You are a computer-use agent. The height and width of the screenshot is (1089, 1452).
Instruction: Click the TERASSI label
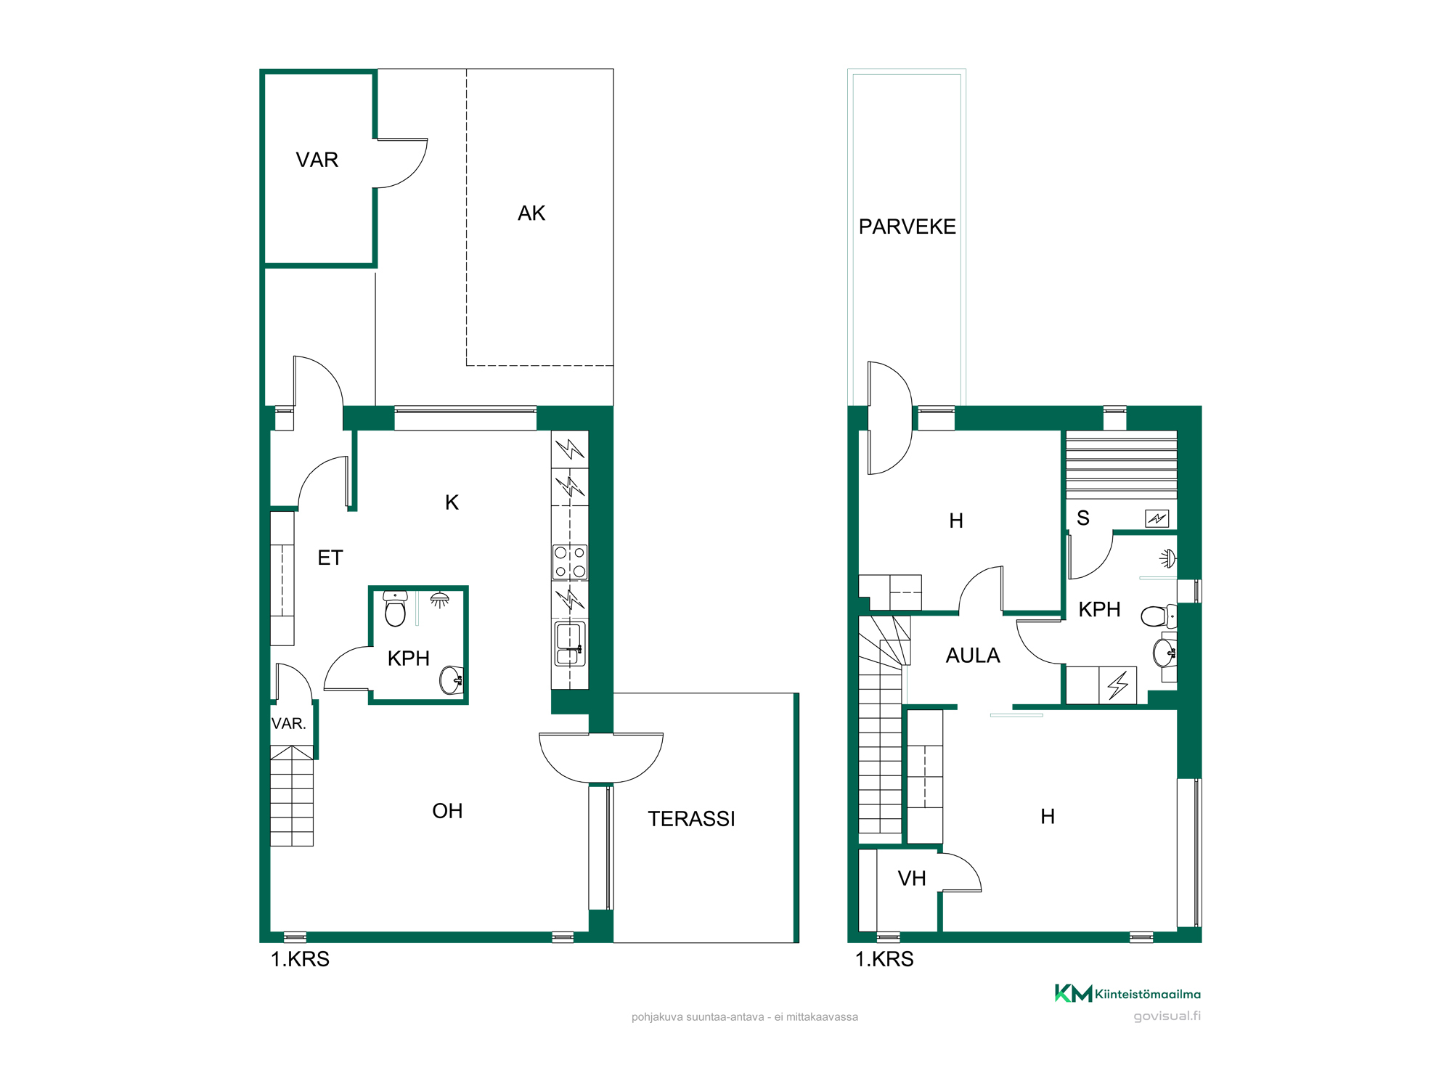tap(691, 819)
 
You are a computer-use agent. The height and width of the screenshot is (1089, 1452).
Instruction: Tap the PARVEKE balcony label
tap(907, 227)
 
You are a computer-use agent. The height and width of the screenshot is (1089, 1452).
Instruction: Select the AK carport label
tap(531, 213)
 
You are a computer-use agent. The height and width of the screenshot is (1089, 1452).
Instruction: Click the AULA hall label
tap(973, 656)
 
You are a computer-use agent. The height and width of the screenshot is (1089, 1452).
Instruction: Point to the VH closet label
tap(912, 878)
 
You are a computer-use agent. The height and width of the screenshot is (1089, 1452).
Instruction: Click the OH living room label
tap(447, 811)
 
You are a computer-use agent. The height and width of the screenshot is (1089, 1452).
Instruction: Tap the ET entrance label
tap(330, 558)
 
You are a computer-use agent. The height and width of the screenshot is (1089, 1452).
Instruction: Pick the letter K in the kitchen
tap(452, 502)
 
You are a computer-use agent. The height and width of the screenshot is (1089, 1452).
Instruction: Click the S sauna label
tap(1083, 518)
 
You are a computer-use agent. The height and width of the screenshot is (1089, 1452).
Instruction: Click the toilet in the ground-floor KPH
tap(395, 608)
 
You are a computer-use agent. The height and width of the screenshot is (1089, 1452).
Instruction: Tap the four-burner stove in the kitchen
tap(570, 562)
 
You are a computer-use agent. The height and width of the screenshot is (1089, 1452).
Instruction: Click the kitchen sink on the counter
tap(570, 644)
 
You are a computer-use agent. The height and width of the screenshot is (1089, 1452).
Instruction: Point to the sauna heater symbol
tap(1157, 518)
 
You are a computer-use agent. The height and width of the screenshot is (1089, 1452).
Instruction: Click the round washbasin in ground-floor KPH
tap(452, 680)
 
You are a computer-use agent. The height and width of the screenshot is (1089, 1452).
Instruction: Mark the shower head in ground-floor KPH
tap(440, 600)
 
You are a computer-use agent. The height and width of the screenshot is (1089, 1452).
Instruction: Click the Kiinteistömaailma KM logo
tap(1127, 993)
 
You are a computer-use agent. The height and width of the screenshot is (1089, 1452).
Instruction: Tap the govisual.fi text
tap(1167, 1016)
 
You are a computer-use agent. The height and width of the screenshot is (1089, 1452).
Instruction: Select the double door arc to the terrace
tap(601, 759)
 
